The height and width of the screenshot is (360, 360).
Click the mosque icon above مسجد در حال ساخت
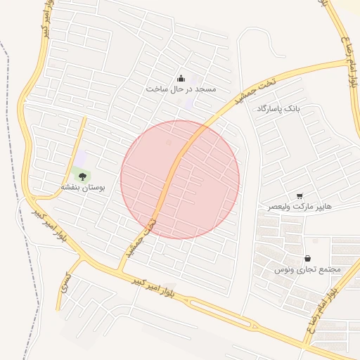(181, 78)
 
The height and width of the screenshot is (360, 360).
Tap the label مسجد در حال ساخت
(181, 89)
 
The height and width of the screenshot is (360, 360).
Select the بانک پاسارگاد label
(278, 109)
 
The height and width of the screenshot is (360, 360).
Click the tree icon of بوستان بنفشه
(83, 176)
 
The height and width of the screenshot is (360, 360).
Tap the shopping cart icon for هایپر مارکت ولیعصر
(300, 196)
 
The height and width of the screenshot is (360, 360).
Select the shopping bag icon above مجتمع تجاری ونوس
(308, 258)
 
